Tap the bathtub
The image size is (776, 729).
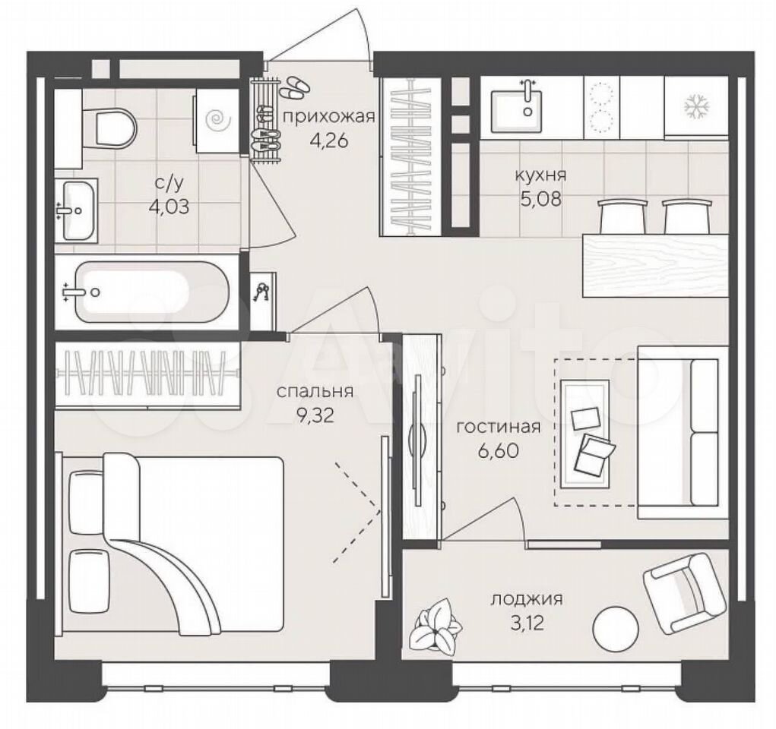[x=152, y=292]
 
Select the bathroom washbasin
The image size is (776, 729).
[x=77, y=210]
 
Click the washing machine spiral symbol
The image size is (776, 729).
[x=217, y=119]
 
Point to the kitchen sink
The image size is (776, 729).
[x=517, y=112]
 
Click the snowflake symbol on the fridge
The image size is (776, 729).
[x=697, y=106]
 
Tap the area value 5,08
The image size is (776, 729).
[x=540, y=199]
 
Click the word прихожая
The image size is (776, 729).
[x=328, y=117]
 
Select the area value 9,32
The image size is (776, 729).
[x=315, y=415]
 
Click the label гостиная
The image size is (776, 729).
[x=498, y=426]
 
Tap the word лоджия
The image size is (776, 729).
[x=527, y=599]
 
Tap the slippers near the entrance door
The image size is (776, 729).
[x=294, y=86]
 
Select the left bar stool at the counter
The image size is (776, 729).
[x=622, y=216]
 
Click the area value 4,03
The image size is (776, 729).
[x=169, y=206]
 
